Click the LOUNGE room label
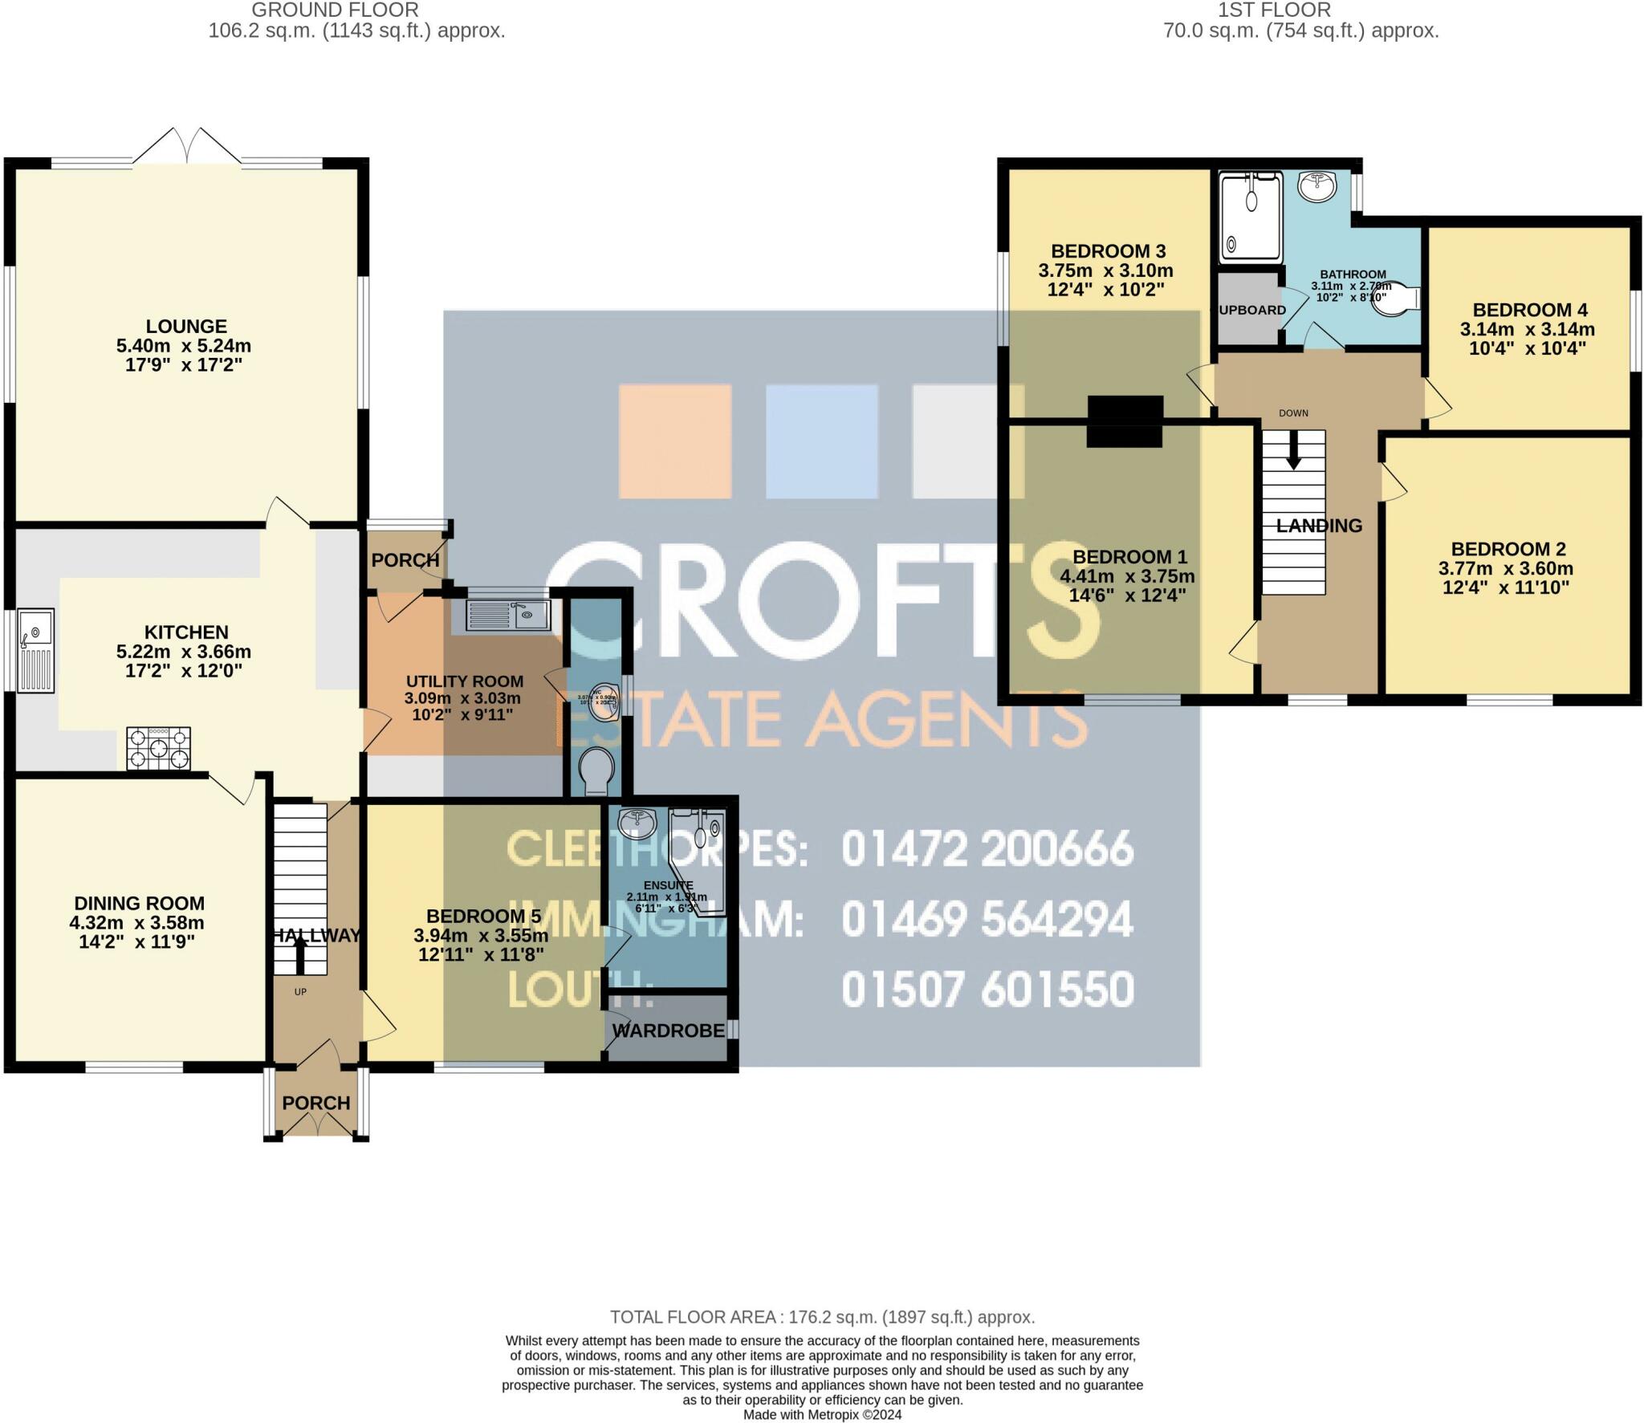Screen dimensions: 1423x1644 point(186,327)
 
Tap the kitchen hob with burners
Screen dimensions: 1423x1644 point(158,748)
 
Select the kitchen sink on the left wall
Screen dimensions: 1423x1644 point(37,650)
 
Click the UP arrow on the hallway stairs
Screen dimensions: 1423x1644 point(300,955)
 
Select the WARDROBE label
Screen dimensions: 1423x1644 point(669,1031)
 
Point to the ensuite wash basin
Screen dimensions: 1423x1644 point(637,821)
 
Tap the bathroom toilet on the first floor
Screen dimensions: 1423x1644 point(1399,299)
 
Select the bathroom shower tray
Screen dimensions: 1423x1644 point(1250,218)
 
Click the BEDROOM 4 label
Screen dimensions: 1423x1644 point(1530,310)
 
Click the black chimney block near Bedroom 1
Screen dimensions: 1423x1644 point(1125,421)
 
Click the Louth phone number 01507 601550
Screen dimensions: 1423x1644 point(987,989)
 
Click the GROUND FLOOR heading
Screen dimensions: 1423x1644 point(335,10)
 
